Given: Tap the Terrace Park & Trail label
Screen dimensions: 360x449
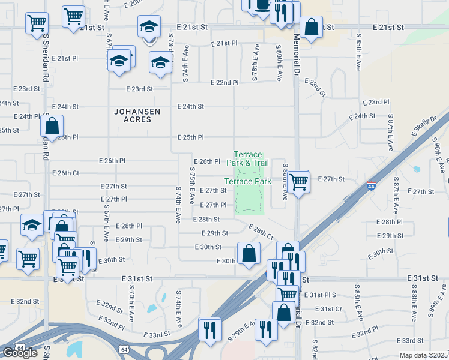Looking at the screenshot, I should [247, 158].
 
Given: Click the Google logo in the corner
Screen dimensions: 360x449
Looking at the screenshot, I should [20, 353].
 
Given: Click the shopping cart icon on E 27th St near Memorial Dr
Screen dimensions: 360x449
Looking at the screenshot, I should [298, 180].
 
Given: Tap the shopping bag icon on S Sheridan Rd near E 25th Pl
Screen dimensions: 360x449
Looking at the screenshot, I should [52, 126].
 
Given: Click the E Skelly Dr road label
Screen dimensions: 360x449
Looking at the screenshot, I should [424, 126].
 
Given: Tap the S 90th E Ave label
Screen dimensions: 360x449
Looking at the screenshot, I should [436, 154].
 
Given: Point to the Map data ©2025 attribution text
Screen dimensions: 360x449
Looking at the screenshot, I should [423, 355].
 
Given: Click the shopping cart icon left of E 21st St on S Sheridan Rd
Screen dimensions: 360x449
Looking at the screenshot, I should [37, 23].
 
